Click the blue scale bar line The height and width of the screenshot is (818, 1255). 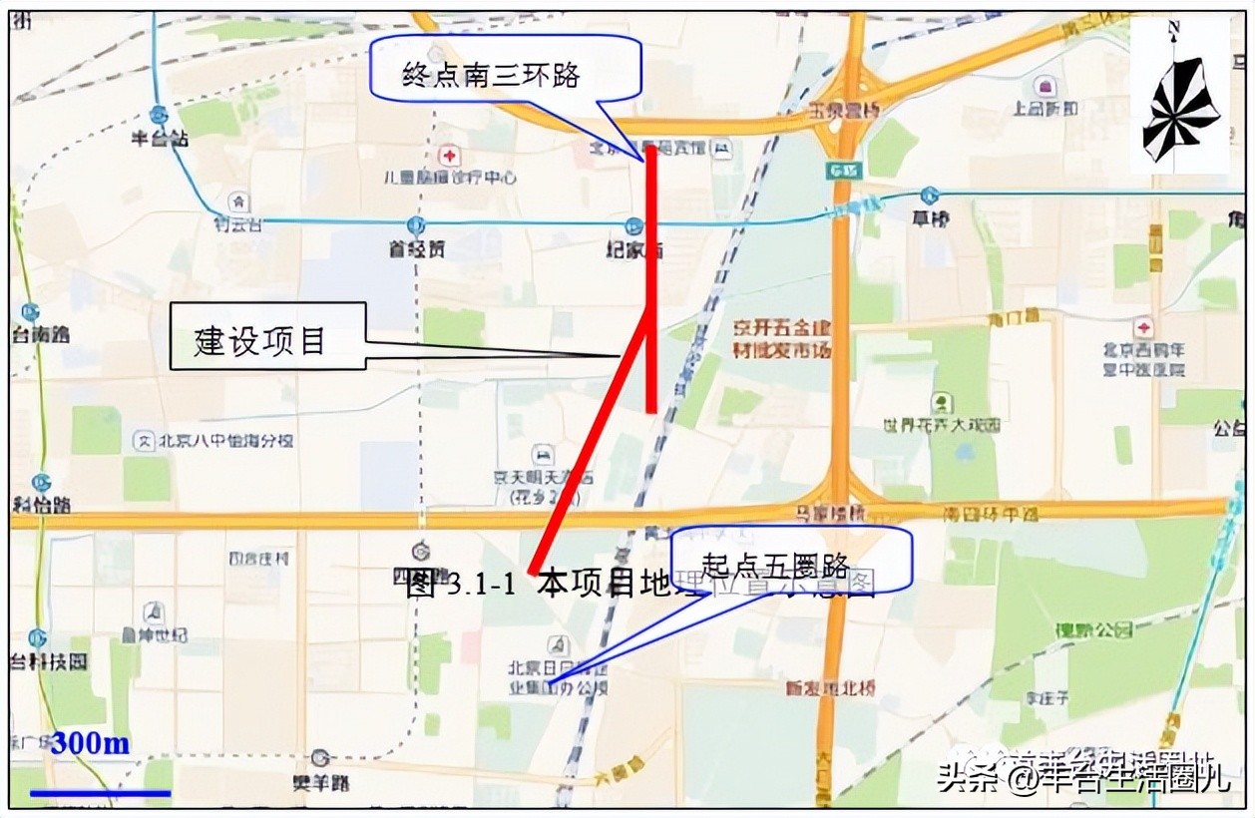coord(100,793)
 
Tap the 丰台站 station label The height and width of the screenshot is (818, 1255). coord(160,139)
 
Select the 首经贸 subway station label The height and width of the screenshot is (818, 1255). coord(417,250)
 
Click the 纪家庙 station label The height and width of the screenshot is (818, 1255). coord(634,250)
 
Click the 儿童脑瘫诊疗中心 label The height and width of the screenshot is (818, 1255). coord(451,178)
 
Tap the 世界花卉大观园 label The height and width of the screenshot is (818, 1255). coord(941,425)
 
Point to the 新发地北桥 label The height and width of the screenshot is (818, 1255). coord(830,687)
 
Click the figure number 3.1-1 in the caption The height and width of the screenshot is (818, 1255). coord(478,585)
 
